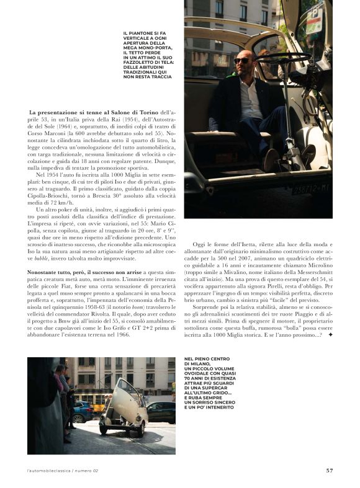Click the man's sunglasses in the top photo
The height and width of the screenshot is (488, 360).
tap(242, 61)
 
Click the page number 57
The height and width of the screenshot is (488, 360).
tap(329, 470)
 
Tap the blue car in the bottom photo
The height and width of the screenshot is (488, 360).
tap(82, 410)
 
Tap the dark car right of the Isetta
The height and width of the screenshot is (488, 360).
tap(160, 411)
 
